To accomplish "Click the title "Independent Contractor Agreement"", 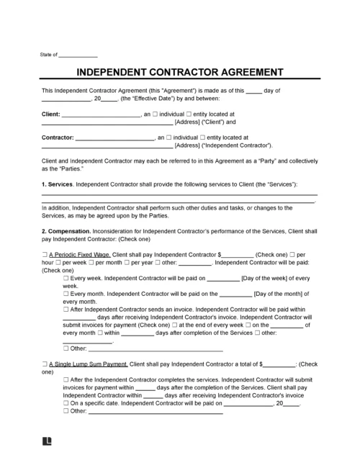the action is click(x=179, y=73).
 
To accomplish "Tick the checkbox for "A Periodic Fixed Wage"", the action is click(x=45, y=254).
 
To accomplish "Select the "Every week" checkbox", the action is click(x=67, y=278).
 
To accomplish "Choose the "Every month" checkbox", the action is click(x=67, y=294).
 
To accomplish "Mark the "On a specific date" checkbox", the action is click(x=67, y=404).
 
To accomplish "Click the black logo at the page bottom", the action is click(x=48, y=441).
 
